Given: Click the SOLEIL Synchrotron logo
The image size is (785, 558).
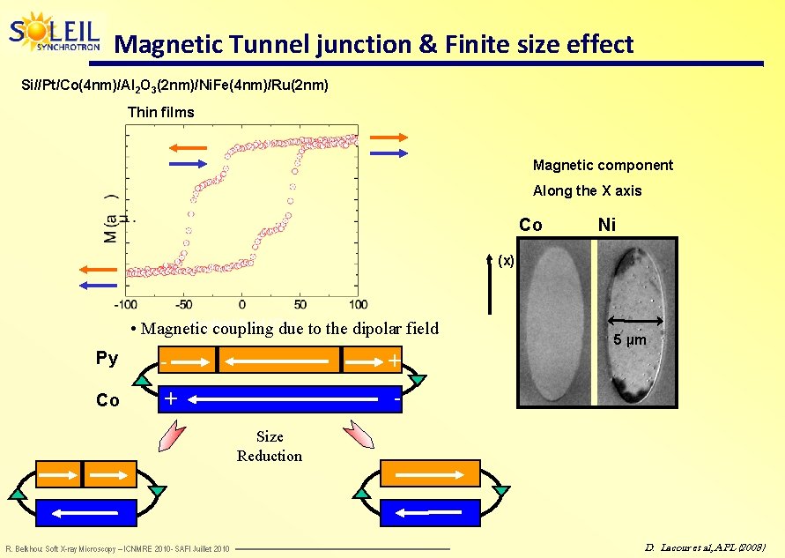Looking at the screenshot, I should (55, 33).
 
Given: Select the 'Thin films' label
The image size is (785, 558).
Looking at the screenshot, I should (160, 112).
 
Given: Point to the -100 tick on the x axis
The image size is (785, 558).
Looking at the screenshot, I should (125, 304).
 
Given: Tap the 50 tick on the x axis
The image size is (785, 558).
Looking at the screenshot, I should (300, 304).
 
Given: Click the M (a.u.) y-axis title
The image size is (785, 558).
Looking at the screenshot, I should (112, 217).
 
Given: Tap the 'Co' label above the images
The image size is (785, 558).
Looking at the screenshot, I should (530, 225).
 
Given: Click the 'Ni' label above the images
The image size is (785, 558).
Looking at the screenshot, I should (606, 225).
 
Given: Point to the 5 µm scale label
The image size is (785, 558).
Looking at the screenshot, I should (630, 339).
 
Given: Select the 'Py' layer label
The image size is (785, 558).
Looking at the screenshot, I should (107, 358).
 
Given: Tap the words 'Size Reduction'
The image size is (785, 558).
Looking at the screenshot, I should (269, 446).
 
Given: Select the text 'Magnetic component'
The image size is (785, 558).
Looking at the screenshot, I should (603, 165).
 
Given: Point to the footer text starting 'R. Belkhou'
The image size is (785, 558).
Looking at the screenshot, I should (117, 549).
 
